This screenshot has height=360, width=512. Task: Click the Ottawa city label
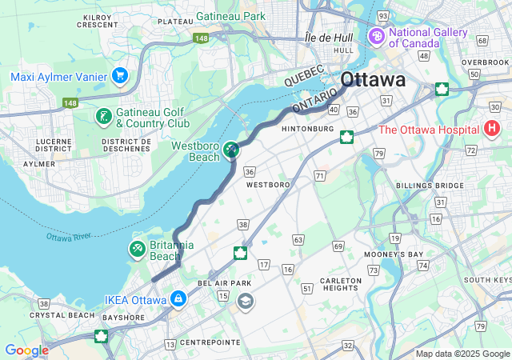pos(372,81)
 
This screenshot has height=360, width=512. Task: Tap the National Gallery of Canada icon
pos(376,37)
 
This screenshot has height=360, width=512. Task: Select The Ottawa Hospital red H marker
pos(492,128)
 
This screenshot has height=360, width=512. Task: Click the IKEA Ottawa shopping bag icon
pos(177,300)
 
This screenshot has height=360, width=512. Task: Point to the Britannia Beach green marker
pos(138,250)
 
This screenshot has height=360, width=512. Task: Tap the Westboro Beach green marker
pos(231,150)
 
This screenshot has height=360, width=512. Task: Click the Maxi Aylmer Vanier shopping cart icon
pos(120,76)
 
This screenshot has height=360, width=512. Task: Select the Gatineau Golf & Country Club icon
pos(103,118)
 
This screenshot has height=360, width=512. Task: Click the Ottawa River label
pos(70,238)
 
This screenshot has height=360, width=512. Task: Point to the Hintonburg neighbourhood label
pos(308,128)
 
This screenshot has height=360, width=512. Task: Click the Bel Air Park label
pos(224,283)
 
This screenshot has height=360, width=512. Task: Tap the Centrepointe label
pos(210,342)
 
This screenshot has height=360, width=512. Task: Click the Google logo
pos(26,350)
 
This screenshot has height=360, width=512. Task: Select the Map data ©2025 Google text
pos(462,354)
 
